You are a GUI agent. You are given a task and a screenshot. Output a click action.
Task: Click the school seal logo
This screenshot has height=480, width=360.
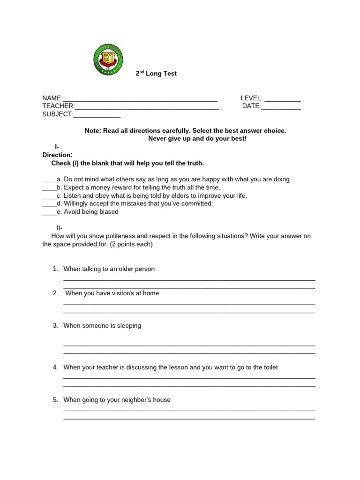tap(108, 60)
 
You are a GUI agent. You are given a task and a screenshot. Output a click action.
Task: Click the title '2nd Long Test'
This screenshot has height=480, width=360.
tap(156, 74)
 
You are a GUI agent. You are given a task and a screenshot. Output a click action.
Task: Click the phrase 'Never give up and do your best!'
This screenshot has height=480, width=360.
tap(197, 139)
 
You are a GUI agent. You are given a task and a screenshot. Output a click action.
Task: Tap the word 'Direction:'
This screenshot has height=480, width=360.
tap(57, 155)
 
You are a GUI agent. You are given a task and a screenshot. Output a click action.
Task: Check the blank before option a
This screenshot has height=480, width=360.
tap(49, 180)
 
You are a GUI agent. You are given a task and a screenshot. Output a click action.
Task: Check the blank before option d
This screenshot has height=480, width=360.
tap(49, 204)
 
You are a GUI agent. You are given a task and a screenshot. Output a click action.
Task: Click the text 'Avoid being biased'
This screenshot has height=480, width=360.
tap(91, 212)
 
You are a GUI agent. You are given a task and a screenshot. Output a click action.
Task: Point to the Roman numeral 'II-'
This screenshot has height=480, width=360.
tap(60, 228)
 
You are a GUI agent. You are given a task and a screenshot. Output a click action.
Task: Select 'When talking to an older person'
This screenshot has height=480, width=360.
tap(109, 269)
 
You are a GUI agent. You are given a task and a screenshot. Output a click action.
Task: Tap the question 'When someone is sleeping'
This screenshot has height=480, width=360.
tap(102, 326)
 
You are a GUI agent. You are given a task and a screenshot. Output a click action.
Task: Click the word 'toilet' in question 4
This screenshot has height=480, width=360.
tap(269, 367)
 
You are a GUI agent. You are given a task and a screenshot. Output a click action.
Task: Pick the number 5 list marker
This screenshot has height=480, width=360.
tap(55, 400)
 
